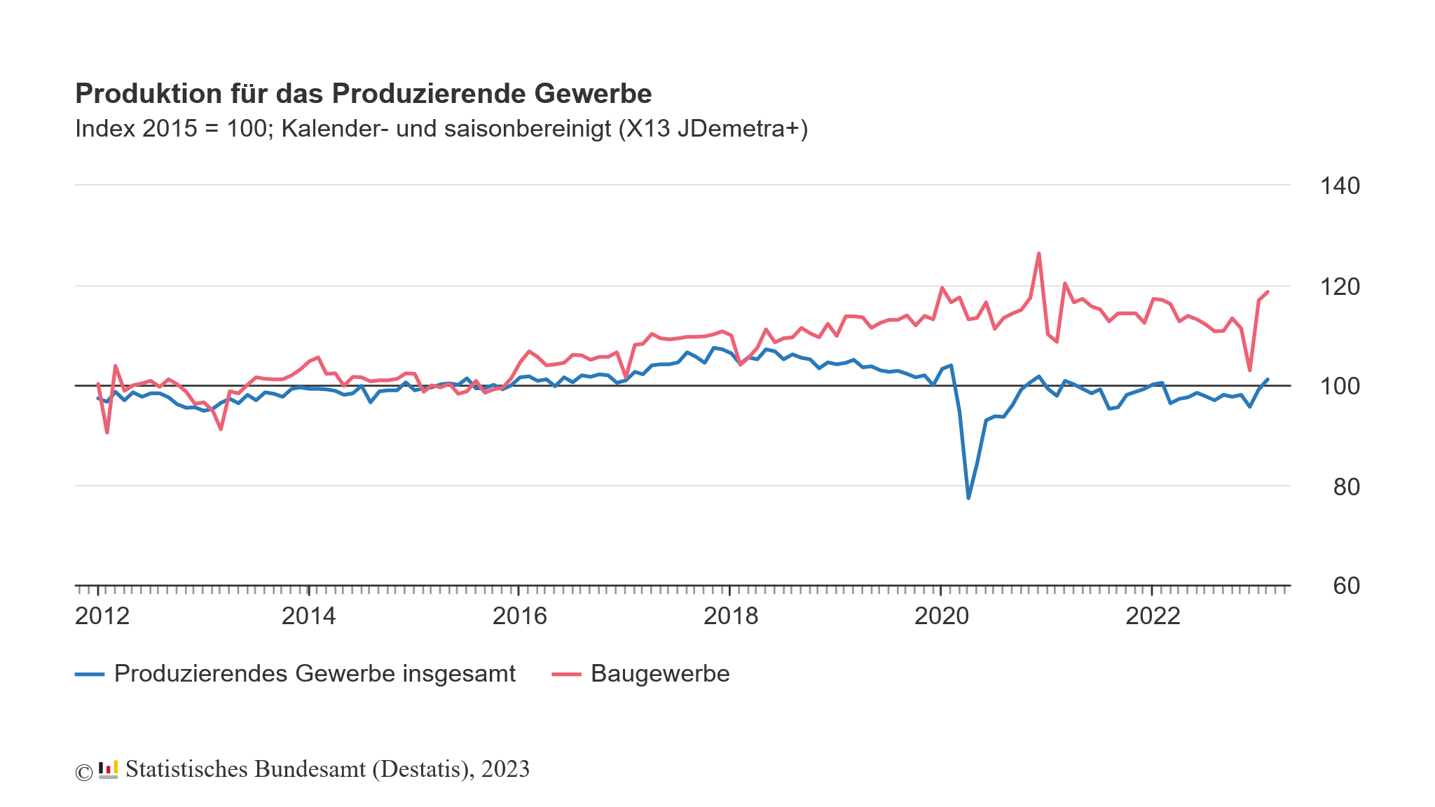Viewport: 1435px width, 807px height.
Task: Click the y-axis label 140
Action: [1339, 186]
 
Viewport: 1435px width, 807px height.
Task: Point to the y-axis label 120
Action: [1339, 287]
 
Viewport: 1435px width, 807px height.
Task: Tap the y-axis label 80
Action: [1346, 487]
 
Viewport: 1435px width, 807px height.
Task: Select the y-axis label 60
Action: [1346, 586]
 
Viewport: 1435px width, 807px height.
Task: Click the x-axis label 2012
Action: [102, 616]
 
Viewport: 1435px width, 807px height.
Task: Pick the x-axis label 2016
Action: [519, 616]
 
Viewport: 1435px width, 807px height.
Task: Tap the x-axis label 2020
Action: [942, 616]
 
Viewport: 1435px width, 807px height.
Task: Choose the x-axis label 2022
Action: [1153, 616]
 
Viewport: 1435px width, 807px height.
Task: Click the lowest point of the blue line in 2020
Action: [968, 498]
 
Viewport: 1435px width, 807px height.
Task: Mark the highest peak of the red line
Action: [1038, 254]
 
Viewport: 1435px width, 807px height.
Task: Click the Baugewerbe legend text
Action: [660, 674]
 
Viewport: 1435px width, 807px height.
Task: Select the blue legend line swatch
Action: [90, 675]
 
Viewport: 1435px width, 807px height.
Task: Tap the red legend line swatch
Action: [566, 675]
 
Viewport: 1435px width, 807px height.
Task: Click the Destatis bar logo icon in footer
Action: [108, 770]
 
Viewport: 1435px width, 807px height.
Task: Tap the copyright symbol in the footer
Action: [84, 772]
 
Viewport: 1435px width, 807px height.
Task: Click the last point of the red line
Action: [1268, 292]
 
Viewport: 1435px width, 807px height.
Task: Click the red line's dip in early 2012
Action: [107, 433]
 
